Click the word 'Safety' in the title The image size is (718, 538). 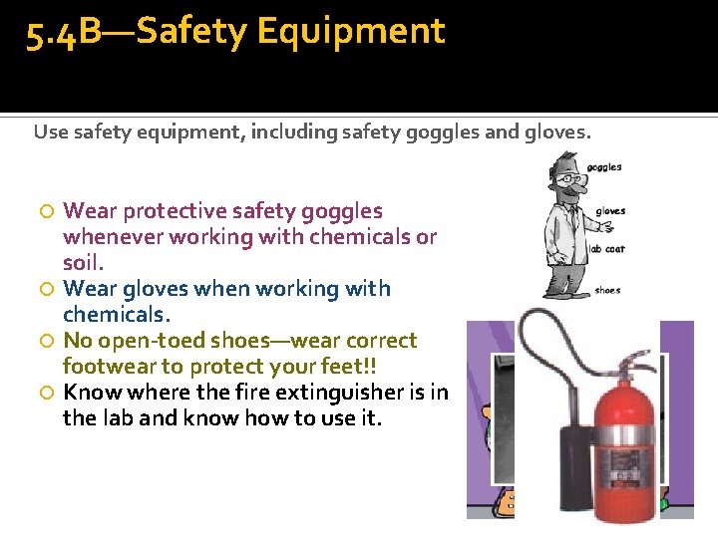click(192, 32)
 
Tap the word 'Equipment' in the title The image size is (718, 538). click(350, 32)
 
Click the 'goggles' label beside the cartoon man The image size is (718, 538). click(604, 167)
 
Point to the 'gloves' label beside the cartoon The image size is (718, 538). click(610, 211)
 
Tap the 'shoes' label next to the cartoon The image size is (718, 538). click(607, 291)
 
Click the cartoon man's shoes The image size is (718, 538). click(562, 291)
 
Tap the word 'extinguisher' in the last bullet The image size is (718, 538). click(335, 392)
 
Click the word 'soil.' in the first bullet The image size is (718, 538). click(84, 263)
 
